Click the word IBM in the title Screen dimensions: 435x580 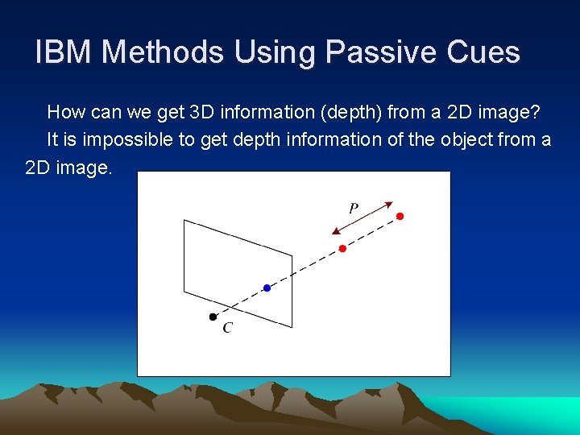64,52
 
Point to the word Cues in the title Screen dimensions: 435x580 486,52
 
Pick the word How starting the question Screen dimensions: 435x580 65,111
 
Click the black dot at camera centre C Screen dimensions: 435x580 213,317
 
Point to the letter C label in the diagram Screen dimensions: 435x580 227,328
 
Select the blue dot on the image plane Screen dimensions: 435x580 267,288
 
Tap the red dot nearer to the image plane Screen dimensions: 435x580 342,248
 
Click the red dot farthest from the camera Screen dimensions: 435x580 400,216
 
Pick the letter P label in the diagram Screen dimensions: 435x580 353,208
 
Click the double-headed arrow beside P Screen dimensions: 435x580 362,217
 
